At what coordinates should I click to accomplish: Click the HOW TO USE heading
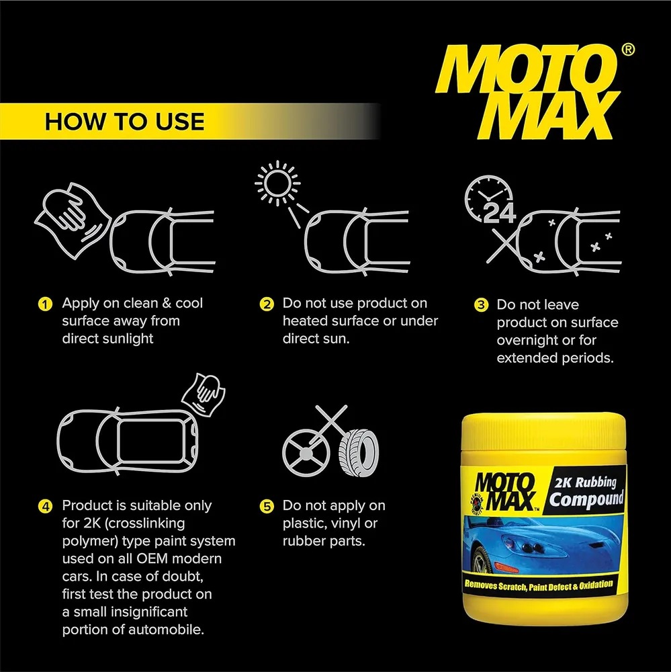(124, 121)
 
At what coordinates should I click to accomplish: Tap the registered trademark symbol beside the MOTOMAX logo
(628, 50)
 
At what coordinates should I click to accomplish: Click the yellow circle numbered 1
(45, 304)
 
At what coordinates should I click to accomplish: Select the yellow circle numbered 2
(267, 304)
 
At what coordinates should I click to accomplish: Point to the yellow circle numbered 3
(481, 305)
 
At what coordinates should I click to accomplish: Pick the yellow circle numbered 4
(45, 506)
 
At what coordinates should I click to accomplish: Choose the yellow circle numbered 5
(267, 506)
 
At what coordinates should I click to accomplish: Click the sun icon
(277, 183)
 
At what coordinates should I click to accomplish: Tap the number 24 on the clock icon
(499, 212)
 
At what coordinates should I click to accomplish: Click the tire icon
(359, 453)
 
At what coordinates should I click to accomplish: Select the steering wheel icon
(306, 452)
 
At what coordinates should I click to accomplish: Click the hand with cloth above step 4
(204, 394)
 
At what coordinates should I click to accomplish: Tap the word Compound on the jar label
(586, 499)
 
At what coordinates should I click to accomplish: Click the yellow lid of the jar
(544, 432)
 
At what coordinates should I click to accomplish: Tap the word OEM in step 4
(154, 559)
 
